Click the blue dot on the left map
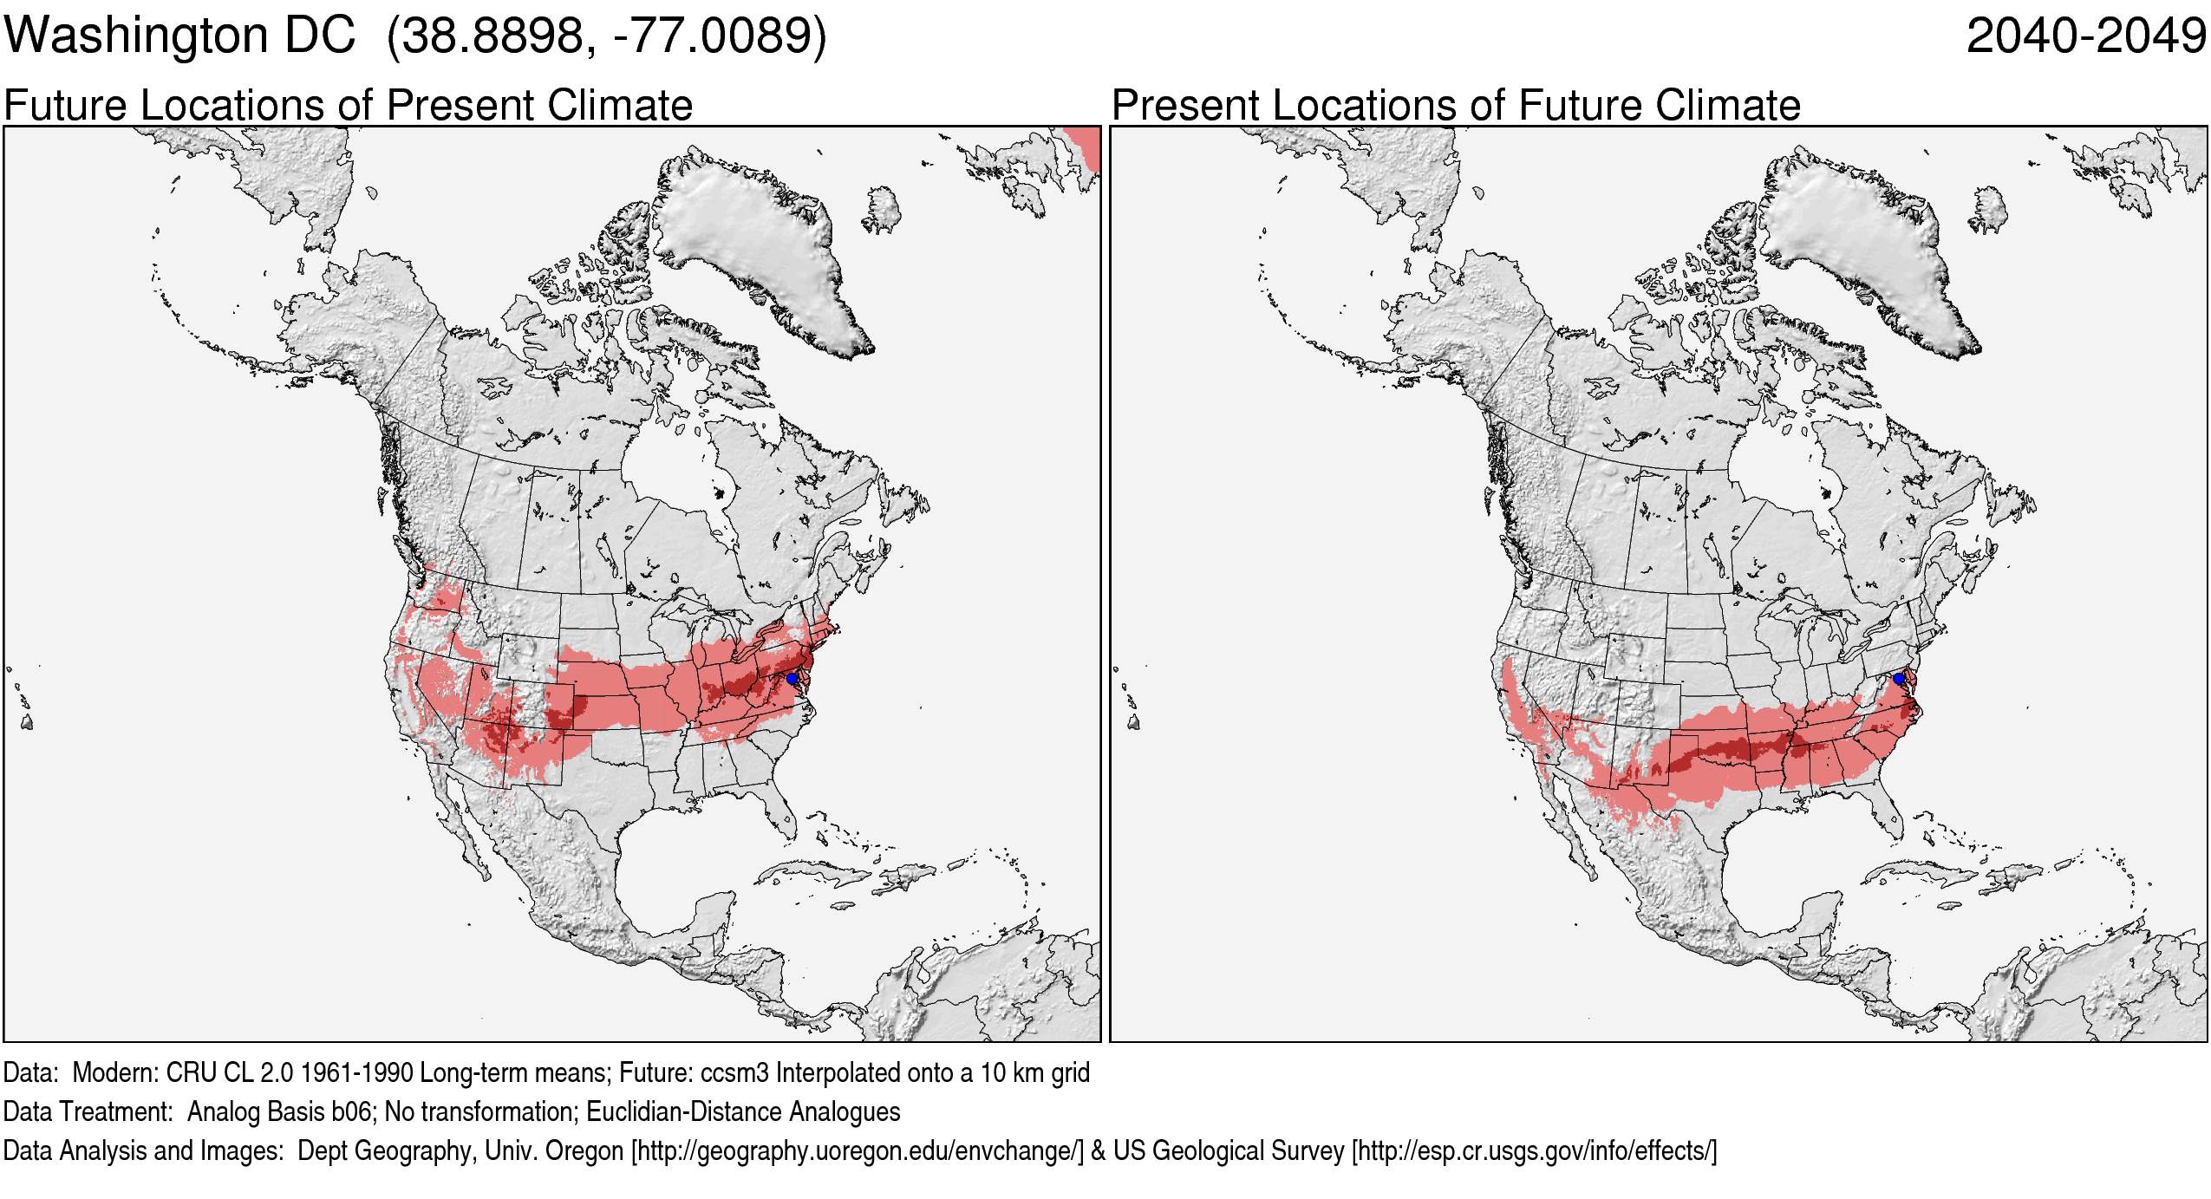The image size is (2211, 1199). click(x=792, y=678)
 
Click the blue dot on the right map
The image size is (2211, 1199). click(x=1899, y=678)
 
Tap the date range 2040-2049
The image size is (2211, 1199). click(x=2085, y=36)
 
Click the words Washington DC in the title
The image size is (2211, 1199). click(x=179, y=36)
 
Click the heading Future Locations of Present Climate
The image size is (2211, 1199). click(x=348, y=106)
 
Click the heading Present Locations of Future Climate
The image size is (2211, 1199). click(x=1456, y=106)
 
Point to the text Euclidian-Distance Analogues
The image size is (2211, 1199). click(x=743, y=1111)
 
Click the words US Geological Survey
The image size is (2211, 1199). click(x=1228, y=1150)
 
